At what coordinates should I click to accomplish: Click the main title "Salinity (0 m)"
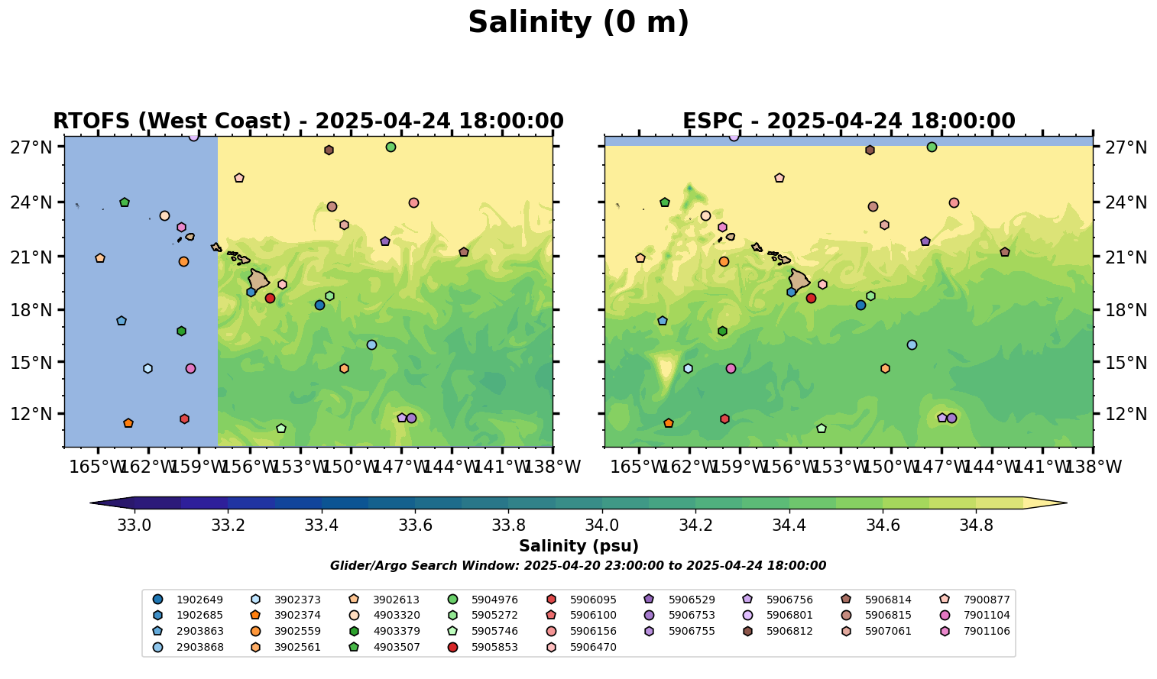tap(578, 23)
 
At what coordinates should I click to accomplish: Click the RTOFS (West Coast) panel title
tap(308, 121)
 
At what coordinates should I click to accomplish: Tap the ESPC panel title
tap(848, 121)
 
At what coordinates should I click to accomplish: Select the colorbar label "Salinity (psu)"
tap(578, 546)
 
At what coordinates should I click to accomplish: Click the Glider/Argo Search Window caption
tap(578, 566)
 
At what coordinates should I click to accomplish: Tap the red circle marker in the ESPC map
tap(811, 298)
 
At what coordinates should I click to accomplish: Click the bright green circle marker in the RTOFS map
tap(391, 147)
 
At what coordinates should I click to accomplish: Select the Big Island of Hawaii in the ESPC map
tap(799, 280)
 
